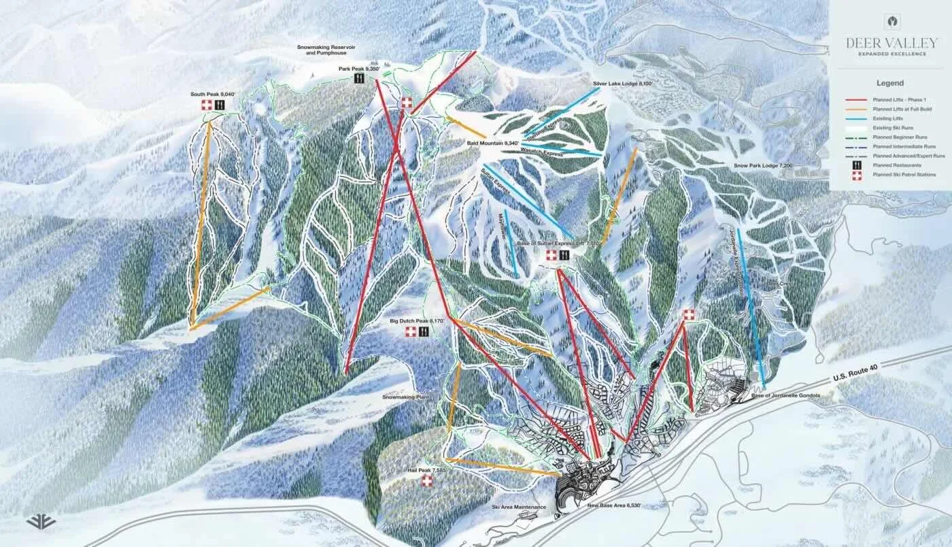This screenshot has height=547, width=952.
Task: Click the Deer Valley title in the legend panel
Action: (890, 43)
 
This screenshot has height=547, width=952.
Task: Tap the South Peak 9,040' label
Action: (213, 94)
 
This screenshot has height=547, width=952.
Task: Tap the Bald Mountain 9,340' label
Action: (493, 143)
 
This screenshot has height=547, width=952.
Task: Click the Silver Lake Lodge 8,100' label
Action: (622, 83)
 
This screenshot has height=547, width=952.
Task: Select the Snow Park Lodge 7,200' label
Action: (763, 165)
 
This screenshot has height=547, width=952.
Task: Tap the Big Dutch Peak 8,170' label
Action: (417, 320)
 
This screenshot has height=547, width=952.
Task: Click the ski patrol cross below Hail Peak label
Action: (427, 481)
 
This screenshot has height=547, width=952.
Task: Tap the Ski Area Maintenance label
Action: (519, 507)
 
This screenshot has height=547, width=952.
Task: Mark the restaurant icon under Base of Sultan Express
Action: (564, 254)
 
